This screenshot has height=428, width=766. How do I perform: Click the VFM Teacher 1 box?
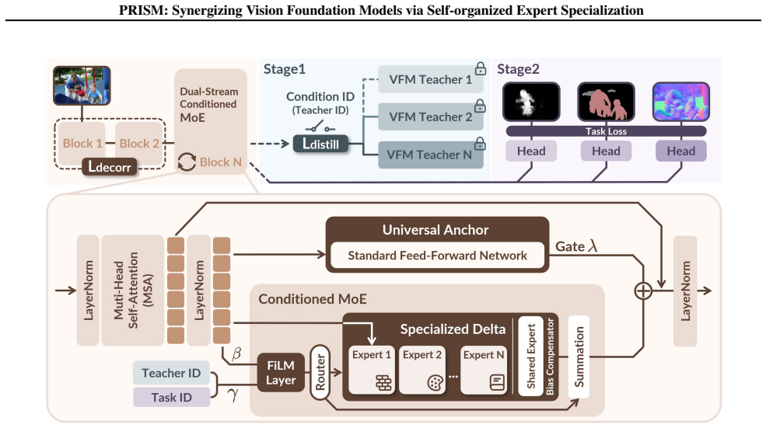point(430,79)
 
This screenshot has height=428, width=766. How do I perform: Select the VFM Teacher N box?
point(430,155)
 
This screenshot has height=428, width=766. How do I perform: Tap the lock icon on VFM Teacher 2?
point(481,106)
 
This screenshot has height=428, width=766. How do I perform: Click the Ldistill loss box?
point(320,144)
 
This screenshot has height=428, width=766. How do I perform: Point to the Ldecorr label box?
point(110,167)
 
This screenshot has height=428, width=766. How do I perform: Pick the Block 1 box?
point(82,144)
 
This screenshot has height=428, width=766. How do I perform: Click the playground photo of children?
point(82,85)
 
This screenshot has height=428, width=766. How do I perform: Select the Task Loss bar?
point(606,130)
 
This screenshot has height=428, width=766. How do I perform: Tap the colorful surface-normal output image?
point(681,102)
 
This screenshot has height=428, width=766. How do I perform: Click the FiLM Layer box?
point(281,372)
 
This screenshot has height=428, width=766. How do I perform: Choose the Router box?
point(320,372)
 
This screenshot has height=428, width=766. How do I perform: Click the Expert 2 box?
point(422,370)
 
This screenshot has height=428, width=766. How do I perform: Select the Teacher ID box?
point(171,373)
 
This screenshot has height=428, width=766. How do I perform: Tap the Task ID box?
point(171,397)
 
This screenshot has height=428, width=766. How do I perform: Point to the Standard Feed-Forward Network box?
point(437,256)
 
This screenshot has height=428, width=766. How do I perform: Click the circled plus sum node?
point(643,291)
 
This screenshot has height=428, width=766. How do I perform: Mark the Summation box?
point(579,357)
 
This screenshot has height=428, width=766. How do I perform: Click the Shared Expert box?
point(531,357)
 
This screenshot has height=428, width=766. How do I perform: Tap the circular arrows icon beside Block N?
point(187,162)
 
